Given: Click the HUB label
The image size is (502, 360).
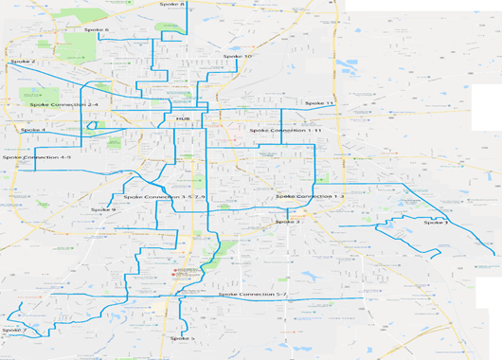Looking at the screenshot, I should point(183,119).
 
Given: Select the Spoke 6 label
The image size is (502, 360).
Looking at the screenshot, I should point(97,30).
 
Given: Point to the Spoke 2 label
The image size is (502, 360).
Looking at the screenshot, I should point(23,62).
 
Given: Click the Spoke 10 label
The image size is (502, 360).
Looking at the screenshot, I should point(237,57).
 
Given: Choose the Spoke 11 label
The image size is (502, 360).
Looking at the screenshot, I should point(319,103).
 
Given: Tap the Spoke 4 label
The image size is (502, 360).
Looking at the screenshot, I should point(32,130).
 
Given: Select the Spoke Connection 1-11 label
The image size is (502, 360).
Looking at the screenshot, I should point(285,131).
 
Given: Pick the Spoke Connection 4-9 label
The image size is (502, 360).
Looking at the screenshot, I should point(36,157).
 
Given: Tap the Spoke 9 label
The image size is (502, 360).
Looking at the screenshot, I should point(103,210).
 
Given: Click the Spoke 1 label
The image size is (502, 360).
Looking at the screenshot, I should point(436,223).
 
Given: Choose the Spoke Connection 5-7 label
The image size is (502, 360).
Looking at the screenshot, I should point(252,296).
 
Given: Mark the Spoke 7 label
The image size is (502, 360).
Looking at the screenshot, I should point(12,331).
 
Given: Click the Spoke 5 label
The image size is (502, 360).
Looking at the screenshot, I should point(183,338).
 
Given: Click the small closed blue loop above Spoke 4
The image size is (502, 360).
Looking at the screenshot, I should point(91,124).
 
